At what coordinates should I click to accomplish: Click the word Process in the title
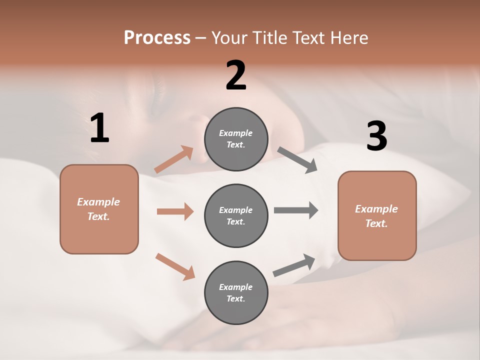(157, 37)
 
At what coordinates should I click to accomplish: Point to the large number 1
(99, 128)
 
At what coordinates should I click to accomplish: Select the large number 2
(236, 75)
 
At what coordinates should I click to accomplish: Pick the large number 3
(376, 136)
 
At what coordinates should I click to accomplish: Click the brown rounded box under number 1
(99, 209)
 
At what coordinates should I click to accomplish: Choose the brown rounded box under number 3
(377, 215)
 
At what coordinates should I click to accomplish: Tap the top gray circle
(236, 139)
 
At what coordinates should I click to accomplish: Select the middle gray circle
(236, 215)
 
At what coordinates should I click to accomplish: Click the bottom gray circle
(236, 292)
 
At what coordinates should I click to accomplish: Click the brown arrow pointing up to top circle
(174, 159)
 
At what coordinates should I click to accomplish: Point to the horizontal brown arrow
(175, 211)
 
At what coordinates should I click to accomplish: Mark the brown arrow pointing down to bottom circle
(175, 266)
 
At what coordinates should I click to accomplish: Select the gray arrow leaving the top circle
(297, 160)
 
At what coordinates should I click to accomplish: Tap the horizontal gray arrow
(295, 210)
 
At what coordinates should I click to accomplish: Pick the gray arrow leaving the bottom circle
(294, 265)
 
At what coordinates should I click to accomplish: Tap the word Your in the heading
(229, 37)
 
